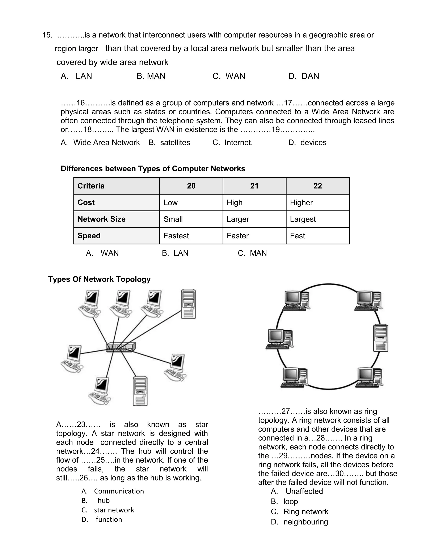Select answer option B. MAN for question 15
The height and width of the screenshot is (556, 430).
click(151, 76)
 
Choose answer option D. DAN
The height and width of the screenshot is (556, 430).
click(303, 76)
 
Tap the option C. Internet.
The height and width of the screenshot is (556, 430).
click(233, 142)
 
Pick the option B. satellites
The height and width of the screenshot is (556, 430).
click(169, 142)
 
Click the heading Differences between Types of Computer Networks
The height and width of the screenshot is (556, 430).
click(153, 169)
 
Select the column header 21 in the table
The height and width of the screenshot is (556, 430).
click(254, 186)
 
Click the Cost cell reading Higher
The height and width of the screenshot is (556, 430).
click(301, 203)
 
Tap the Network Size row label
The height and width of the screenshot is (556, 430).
click(101, 219)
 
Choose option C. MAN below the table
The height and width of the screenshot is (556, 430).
click(252, 253)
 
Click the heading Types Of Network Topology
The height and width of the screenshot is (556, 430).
click(99, 279)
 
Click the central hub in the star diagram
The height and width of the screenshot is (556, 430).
click(121, 347)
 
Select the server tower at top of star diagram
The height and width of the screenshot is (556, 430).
click(188, 304)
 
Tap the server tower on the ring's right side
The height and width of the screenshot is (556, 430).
click(381, 338)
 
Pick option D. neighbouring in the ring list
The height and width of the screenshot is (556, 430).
click(300, 522)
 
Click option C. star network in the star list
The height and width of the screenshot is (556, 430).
click(108, 510)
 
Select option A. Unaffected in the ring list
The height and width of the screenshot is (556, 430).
click(297, 491)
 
